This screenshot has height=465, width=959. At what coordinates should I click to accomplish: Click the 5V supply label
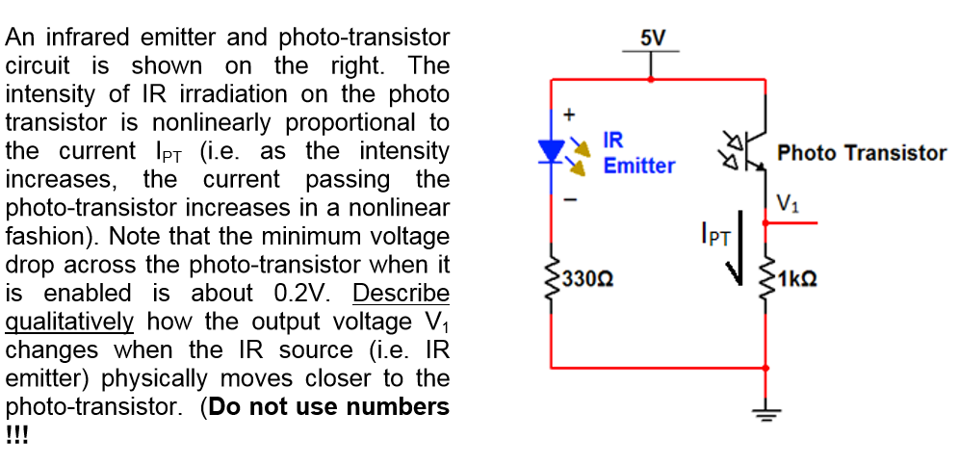(x=652, y=38)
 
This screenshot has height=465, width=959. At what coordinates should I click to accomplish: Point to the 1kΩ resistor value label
(x=798, y=279)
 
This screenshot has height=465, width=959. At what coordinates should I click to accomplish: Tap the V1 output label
(x=787, y=203)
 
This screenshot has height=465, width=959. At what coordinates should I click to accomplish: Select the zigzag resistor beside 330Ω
(x=551, y=279)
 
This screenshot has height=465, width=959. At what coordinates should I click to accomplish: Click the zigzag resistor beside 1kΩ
(x=765, y=279)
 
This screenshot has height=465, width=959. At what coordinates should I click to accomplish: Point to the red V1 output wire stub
(x=791, y=223)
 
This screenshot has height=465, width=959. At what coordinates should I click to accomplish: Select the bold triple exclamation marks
(x=17, y=433)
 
